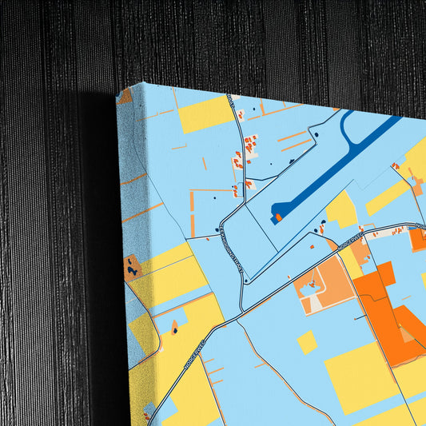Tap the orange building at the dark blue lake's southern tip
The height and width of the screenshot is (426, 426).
pos(278,216)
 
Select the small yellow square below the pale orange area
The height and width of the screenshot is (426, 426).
pos(306,342)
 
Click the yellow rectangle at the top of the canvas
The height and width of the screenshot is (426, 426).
pos(204,114)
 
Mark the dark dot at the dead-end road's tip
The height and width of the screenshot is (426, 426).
pos(316,134)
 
